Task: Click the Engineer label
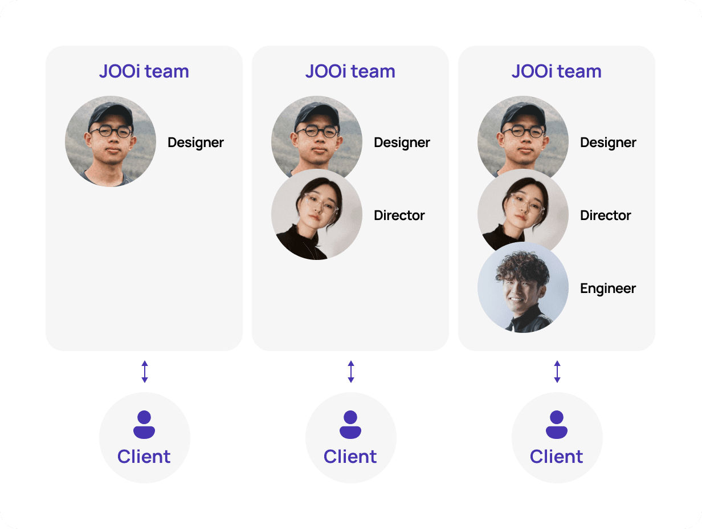tap(607, 288)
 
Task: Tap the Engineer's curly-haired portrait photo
tap(523, 288)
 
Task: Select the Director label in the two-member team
tap(399, 215)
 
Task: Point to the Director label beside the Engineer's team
tap(605, 215)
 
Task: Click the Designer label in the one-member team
tap(195, 143)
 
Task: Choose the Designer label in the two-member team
tap(402, 143)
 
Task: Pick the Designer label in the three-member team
tap(608, 143)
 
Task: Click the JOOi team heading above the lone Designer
tap(144, 71)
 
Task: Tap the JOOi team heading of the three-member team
tap(557, 71)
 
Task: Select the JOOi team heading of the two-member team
tap(350, 71)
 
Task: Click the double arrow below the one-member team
tap(145, 372)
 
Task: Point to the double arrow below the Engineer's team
tap(557, 372)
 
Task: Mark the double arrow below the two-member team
tap(351, 372)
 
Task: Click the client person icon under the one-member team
tap(144, 425)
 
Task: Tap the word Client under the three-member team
tap(557, 457)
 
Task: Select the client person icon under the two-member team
tap(350, 425)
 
